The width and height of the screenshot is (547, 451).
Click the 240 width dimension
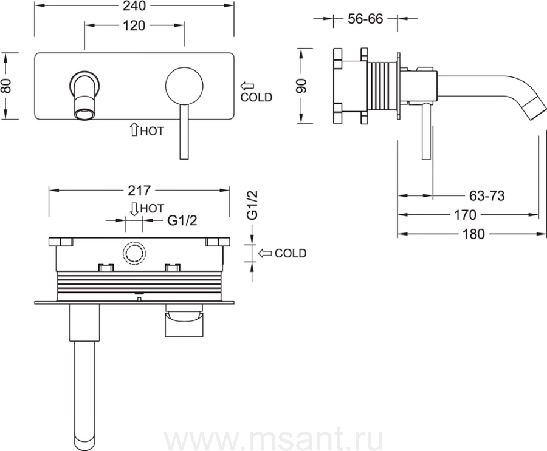click(x=134, y=6)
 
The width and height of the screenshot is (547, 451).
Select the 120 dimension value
click(x=134, y=25)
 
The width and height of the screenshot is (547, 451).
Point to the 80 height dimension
click(x=7, y=86)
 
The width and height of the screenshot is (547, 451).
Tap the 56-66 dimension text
click(x=365, y=18)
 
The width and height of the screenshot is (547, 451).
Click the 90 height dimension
click(x=301, y=86)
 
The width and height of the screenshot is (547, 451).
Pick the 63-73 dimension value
click(x=487, y=196)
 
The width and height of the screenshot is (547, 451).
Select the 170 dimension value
click(x=465, y=215)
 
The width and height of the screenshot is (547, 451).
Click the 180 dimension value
click(x=473, y=234)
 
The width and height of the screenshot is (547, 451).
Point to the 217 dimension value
click(x=139, y=191)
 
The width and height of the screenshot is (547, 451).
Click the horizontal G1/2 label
click(x=182, y=220)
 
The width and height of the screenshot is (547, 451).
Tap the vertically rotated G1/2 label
click(x=252, y=205)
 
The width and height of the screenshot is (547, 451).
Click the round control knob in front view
click(x=184, y=86)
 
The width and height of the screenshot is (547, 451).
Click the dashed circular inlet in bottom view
click(x=134, y=253)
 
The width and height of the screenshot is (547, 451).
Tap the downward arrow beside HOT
click(x=134, y=209)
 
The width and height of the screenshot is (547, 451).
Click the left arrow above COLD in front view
click(x=247, y=86)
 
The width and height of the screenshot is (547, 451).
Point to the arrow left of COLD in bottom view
click(x=265, y=253)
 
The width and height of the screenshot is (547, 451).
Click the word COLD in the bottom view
click(x=291, y=253)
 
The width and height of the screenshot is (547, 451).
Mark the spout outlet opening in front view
click(x=84, y=114)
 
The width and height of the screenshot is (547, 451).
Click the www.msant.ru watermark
click(x=274, y=440)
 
